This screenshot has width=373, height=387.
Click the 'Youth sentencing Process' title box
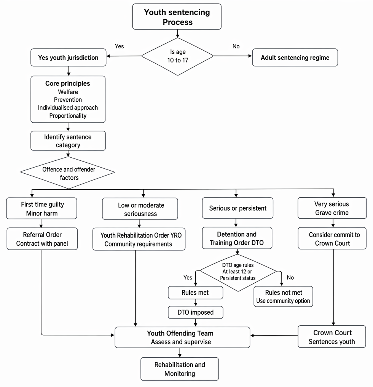coord(177,16)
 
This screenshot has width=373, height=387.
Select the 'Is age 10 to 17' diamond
coord(177,56)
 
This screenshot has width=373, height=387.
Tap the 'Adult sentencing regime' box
coord(295,58)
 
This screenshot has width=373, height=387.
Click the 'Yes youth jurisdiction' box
coord(69,58)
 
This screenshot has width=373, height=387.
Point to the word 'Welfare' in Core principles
coord(68,92)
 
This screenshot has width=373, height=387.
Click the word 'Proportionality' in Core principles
coord(68,116)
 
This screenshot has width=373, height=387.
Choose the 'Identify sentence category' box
coord(68,141)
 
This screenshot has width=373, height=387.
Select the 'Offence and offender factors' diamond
coord(68,173)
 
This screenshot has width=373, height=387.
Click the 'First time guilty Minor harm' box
coord(42,208)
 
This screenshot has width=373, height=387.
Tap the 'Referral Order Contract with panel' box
coord(42,239)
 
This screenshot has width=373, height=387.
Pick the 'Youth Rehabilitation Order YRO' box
coord(139,239)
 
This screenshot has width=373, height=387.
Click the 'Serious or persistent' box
coord(238,208)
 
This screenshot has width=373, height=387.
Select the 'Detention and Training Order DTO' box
coord(237,238)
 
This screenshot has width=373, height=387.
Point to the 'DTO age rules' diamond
coord(238,273)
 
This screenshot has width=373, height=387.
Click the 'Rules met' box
coord(195,293)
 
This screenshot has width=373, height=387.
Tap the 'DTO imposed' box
coord(196,312)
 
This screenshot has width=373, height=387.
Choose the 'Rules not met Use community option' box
coord(283,296)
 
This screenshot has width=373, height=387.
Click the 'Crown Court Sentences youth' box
coord(332,337)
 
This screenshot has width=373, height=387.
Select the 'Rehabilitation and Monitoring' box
coord(180,369)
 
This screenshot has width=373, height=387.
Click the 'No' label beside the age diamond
coord(236,46)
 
